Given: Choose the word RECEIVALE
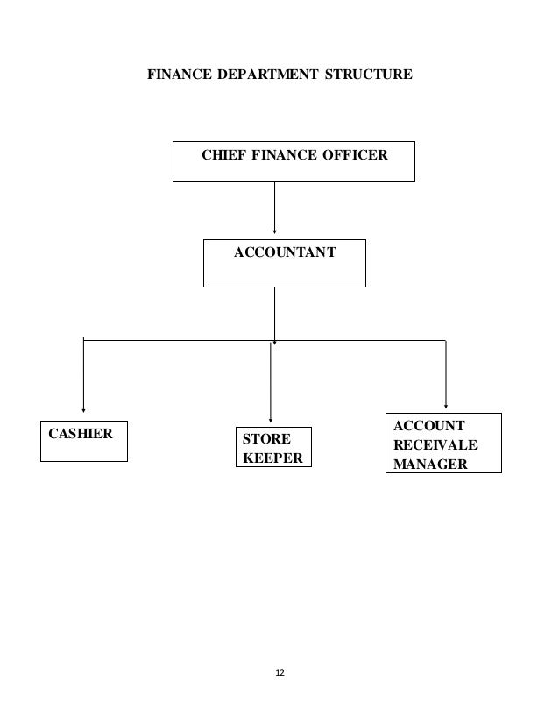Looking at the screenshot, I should [x=435, y=444].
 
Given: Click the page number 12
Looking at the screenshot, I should [x=279, y=672].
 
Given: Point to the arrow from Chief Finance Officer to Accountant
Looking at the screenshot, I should [x=275, y=209].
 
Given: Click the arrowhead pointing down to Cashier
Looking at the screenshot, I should [x=83, y=408].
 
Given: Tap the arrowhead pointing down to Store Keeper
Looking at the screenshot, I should [x=271, y=420].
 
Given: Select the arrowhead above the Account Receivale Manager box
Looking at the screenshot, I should [x=446, y=406].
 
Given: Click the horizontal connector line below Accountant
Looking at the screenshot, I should [x=175, y=339].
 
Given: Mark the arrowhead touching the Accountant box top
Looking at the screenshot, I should [x=275, y=234].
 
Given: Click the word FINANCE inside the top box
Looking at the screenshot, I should [x=283, y=156].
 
